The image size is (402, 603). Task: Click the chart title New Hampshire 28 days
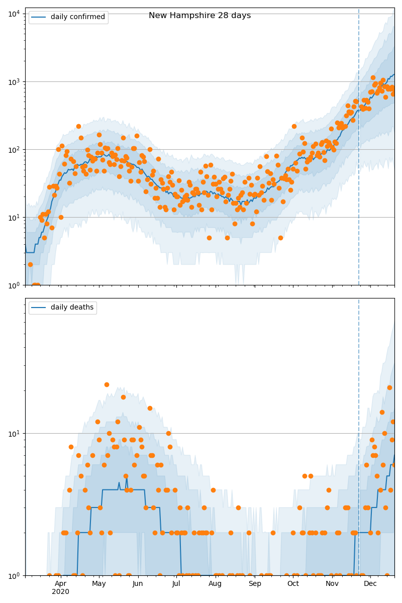pyautogui.click(x=199, y=16)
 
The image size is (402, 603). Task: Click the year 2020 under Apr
pyautogui.click(x=60, y=591)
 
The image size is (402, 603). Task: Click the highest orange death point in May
pyautogui.click(x=107, y=384)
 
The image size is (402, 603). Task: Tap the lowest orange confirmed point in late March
pyautogui.click(x=35, y=285)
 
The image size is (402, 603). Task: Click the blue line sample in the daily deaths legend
pyautogui.click(x=38, y=308)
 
